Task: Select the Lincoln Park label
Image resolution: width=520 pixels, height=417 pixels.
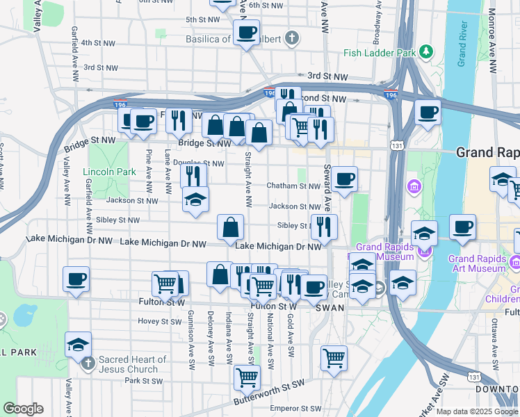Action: [x=109, y=172]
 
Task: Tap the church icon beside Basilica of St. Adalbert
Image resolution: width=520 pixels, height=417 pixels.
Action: [x=293, y=39]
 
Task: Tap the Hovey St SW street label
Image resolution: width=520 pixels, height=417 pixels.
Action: [x=159, y=321]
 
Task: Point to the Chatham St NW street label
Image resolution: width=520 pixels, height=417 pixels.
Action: [x=294, y=186]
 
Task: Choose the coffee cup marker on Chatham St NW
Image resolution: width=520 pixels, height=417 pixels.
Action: [x=344, y=179]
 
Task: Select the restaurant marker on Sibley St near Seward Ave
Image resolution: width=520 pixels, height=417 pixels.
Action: [x=324, y=225]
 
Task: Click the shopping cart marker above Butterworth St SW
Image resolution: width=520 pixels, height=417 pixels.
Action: [x=247, y=377]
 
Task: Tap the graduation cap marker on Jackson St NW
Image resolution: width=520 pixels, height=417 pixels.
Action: [x=195, y=200]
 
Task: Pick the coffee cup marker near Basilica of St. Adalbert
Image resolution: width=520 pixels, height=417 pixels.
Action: [x=245, y=31]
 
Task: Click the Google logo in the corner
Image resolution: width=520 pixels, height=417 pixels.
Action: [x=23, y=409]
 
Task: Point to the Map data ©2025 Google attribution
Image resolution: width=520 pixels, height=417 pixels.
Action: [x=477, y=411]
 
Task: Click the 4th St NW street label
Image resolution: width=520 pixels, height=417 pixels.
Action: [x=98, y=42]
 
